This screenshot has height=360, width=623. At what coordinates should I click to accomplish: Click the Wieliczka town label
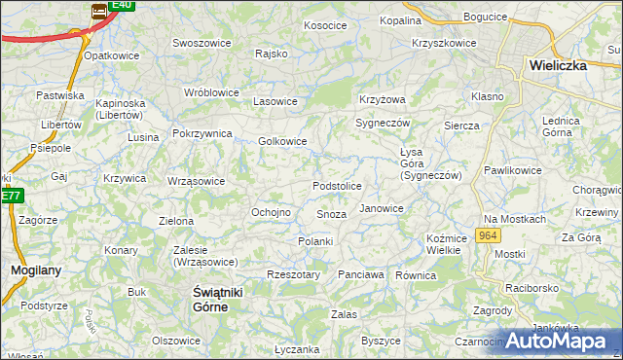(568, 65)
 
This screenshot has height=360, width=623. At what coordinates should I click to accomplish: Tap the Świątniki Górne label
(210, 299)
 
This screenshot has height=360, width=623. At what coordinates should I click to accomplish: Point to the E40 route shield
(120, 5)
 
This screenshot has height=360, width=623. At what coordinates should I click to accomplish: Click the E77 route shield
(10, 196)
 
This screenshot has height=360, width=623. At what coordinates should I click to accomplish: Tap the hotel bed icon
(99, 12)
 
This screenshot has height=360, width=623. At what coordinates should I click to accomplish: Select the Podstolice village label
(337, 186)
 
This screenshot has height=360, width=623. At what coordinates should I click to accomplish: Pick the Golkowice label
(282, 141)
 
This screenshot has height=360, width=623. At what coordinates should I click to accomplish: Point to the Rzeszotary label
(293, 275)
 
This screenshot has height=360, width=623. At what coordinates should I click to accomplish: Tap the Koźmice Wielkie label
(443, 244)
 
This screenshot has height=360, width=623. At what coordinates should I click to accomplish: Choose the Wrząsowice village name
(196, 181)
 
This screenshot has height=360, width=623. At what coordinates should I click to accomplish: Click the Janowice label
(381, 208)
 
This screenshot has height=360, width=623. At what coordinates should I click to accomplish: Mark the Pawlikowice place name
(512, 170)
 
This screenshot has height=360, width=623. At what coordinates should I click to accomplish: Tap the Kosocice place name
(325, 25)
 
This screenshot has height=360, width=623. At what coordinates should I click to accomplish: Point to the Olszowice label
(176, 341)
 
